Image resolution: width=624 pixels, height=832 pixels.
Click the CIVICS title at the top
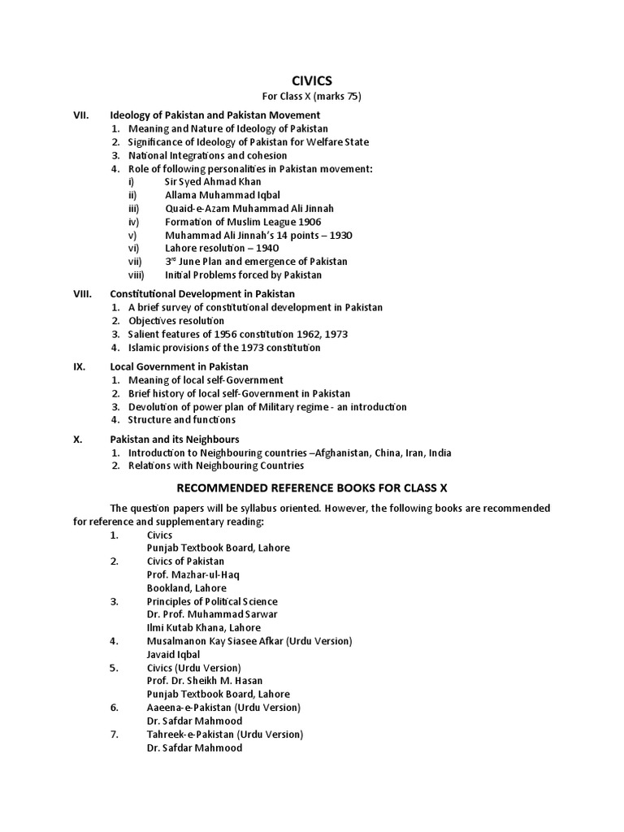pos(311,80)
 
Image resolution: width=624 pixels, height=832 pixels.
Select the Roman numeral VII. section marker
pos(82,115)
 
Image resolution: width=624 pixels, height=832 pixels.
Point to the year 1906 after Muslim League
pos(310,222)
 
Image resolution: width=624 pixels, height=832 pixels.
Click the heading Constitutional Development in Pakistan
pos(202,293)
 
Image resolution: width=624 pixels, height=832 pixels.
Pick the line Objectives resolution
pos(176,321)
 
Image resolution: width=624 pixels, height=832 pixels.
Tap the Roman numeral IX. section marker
pos(80,366)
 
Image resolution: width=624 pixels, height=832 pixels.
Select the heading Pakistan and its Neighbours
pos(175,439)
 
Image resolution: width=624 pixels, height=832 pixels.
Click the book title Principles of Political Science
pos(212,601)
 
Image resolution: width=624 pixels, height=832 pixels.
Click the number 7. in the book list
pos(115,734)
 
